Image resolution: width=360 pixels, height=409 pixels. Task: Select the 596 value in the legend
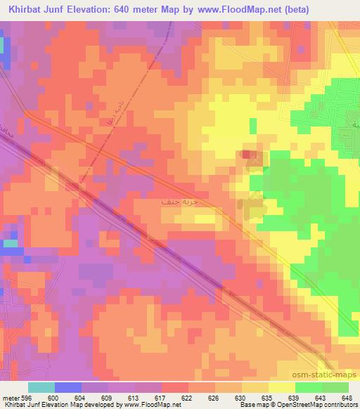(x=25, y=397)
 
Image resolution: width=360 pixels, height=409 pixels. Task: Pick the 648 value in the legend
(x=347, y=397)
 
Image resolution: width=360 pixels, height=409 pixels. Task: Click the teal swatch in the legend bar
(x=41, y=387)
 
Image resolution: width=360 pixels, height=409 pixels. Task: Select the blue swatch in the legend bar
(x=68, y=387)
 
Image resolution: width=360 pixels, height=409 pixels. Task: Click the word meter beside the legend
(x=10, y=397)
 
